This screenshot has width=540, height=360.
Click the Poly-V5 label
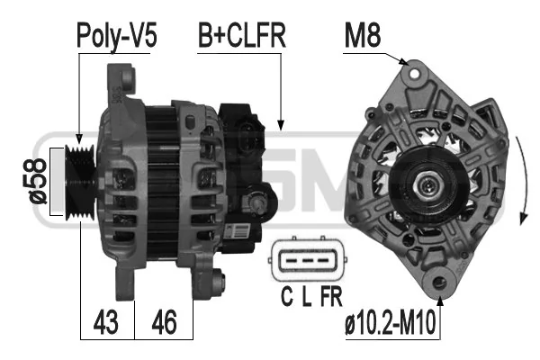pos(116,36)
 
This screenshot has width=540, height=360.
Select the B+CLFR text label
pos(242,35)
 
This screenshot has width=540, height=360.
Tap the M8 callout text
pos(363,35)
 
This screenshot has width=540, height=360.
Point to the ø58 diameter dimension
pos(37,182)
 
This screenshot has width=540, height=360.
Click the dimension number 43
pos(105,322)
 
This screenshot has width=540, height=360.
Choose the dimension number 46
pos(165,322)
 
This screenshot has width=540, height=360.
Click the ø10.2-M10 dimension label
pos(391,323)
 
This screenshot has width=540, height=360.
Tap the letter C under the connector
pos(287,296)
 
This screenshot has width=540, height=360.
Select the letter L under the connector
pos(307,296)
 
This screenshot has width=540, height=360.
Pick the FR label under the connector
pos(331,296)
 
